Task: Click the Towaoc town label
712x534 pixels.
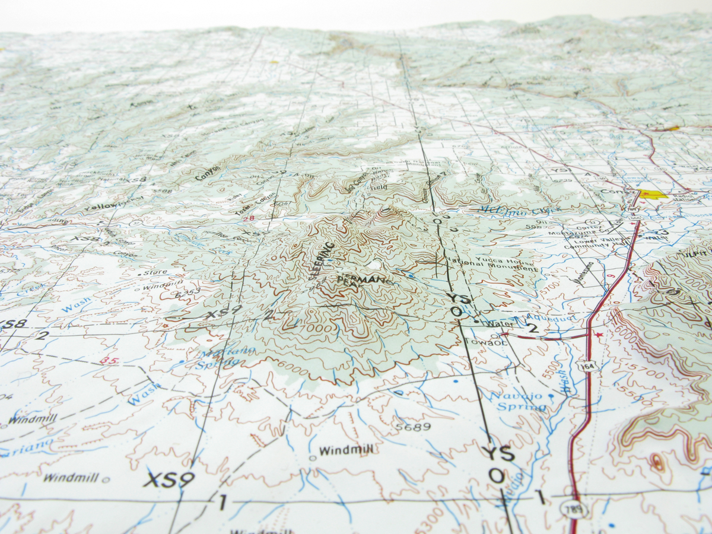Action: coord(487,342)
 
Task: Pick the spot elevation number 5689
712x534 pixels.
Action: coord(413,426)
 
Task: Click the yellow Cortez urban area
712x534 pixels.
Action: coord(653,193)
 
